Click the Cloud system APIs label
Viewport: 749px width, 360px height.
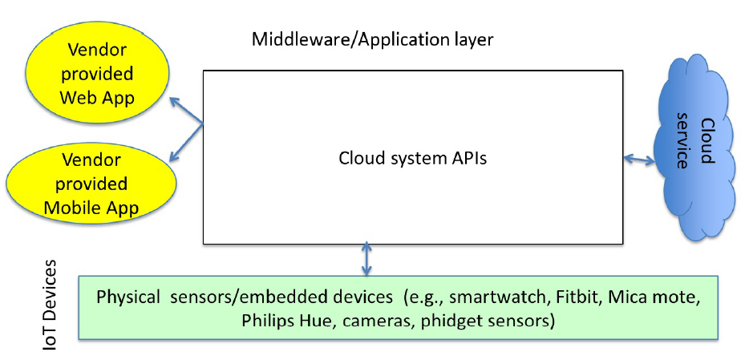pyautogui.click(x=413, y=158)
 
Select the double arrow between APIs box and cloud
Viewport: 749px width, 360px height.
pyautogui.click(x=640, y=160)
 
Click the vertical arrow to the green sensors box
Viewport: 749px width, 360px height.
pyautogui.click(x=367, y=259)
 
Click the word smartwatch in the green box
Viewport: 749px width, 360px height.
pyautogui.click(x=491, y=297)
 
